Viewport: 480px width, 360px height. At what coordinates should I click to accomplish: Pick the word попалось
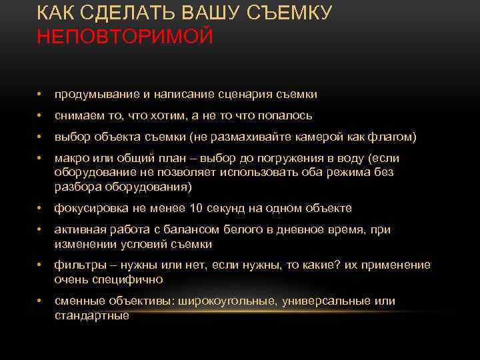coord(287,115)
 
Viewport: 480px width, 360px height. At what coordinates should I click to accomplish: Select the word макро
coord(70,159)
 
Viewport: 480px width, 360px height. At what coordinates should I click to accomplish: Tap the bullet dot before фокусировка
coord(40,208)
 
